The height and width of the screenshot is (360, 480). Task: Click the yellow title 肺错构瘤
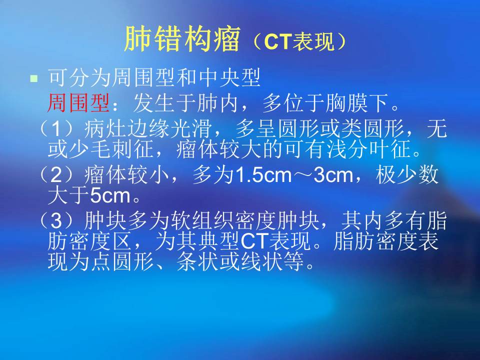coord(182,39)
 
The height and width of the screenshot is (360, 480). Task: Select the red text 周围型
coord(79,103)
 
